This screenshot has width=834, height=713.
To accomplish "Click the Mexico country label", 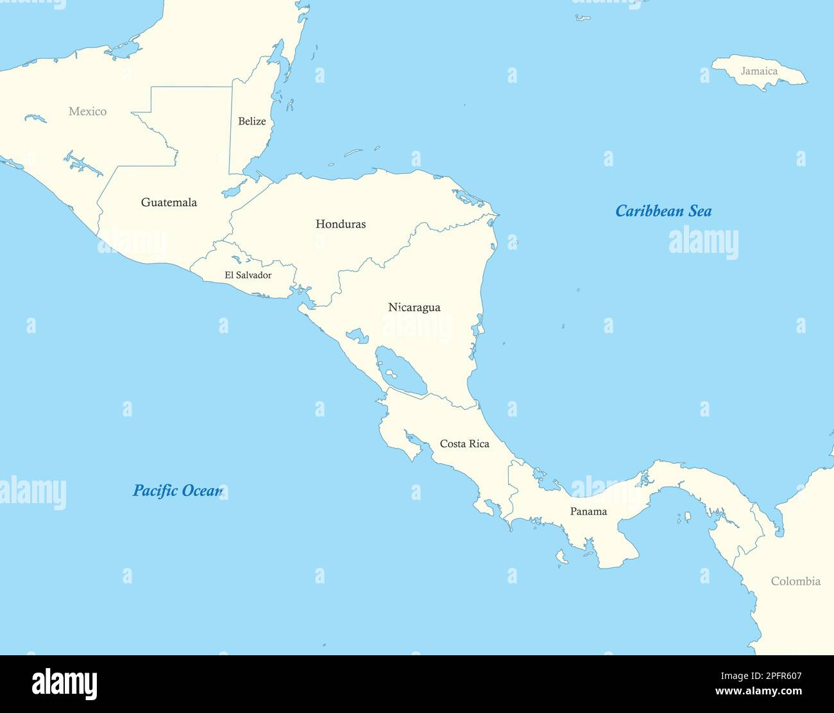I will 87,112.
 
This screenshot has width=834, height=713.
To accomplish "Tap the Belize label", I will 251,121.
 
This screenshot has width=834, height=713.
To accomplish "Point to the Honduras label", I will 341,224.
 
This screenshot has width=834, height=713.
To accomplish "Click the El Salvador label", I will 248,275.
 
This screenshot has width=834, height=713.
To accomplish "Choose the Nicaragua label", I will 414,307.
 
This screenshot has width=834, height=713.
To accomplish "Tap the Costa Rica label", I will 464,444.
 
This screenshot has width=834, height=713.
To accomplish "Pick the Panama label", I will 588,511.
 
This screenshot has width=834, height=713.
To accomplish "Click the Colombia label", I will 796,581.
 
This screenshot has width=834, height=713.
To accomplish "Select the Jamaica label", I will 759,71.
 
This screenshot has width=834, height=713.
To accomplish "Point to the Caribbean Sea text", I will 663,211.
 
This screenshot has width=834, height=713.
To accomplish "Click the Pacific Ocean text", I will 177,491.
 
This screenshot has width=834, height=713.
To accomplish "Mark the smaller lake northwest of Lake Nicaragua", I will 355,335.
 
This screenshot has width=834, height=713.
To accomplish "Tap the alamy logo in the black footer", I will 64,683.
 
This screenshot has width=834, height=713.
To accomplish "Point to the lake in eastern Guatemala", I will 234,189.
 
